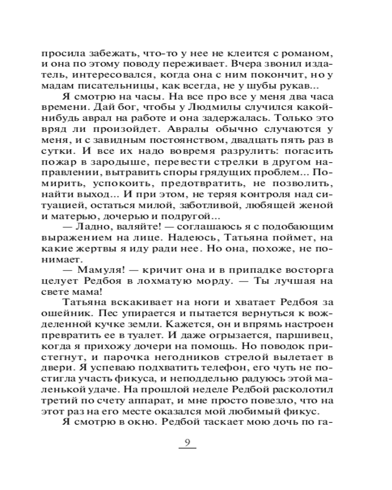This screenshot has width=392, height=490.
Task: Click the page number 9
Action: [x=186, y=442]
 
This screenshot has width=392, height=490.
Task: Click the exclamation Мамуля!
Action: [x=98, y=271]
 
